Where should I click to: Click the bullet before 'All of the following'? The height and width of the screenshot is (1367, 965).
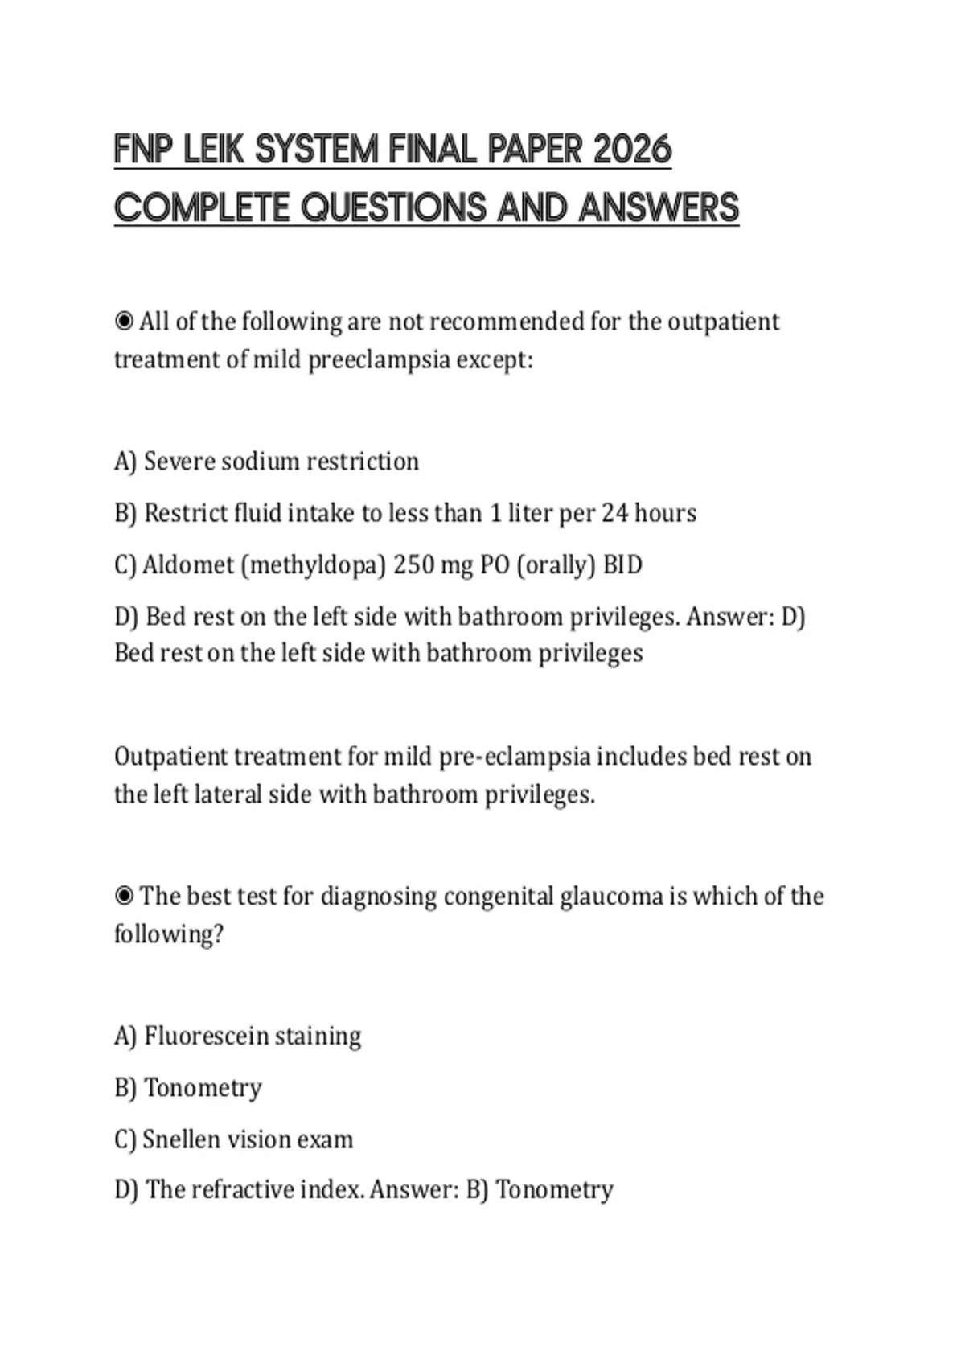[124, 322]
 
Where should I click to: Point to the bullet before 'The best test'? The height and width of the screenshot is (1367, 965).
[124, 896]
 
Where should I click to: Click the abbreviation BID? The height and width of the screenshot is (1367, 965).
[622, 565]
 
